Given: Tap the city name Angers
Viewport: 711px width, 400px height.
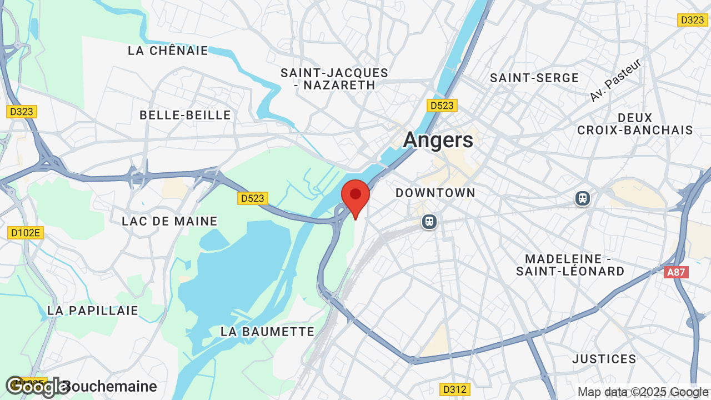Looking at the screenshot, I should pyautogui.click(x=438, y=139).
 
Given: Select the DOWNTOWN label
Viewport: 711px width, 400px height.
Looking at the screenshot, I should pyautogui.click(x=435, y=193).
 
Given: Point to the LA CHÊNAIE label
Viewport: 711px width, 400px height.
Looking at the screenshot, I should pyautogui.click(x=168, y=51).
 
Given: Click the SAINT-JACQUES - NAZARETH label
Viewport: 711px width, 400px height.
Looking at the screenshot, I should pyautogui.click(x=334, y=79).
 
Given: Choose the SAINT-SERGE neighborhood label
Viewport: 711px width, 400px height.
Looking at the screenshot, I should pyautogui.click(x=534, y=78).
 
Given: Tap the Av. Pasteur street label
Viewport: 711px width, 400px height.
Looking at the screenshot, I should pyautogui.click(x=615, y=80).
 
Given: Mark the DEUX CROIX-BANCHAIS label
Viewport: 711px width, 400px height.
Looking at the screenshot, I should pyautogui.click(x=635, y=124).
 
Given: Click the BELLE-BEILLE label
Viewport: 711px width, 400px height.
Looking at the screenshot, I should pyautogui.click(x=185, y=115).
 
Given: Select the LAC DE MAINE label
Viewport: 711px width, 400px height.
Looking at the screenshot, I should pyautogui.click(x=169, y=221).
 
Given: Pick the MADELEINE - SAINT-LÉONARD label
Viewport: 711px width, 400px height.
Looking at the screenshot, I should pyautogui.click(x=570, y=265).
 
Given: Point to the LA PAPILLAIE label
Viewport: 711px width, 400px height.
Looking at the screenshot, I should pyautogui.click(x=93, y=311).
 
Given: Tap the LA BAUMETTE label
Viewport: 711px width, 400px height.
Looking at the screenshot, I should pyautogui.click(x=268, y=332).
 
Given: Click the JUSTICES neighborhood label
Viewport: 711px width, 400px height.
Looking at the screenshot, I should pyautogui.click(x=604, y=359).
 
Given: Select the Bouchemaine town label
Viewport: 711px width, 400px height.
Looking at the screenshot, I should pyautogui.click(x=111, y=386).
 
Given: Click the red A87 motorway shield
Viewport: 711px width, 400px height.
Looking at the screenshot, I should pyautogui.click(x=676, y=272).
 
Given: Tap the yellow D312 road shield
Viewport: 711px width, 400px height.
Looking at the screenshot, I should pyautogui.click(x=454, y=389).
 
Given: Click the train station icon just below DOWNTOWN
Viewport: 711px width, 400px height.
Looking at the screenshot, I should pyautogui.click(x=429, y=222).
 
